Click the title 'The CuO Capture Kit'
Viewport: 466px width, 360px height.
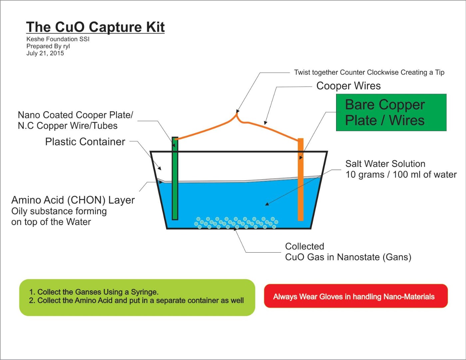tap(95, 27)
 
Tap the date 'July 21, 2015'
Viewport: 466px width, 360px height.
tap(45, 53)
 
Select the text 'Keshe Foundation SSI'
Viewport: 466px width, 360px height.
tap(58, 39)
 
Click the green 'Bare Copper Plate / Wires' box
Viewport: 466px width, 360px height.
tap(391, 112)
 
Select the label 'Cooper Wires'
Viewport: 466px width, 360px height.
tap(348, 86)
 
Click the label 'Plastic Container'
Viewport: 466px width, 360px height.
tap(85, 142)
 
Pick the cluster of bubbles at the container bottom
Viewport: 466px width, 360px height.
tap(236, 223)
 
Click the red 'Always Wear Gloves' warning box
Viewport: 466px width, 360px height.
tap(355, 296)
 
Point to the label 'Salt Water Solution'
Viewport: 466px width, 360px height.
tap(385, 164)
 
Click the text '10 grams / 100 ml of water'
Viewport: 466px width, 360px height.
tap(401, 175)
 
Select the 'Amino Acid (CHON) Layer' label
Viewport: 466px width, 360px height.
tap(73, 200)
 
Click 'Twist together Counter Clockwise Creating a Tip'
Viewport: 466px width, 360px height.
tap(369, 72)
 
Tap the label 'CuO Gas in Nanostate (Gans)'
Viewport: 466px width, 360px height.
tap(348, 257)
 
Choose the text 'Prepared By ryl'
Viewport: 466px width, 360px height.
tap(48, 46)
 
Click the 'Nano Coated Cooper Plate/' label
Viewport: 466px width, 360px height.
tap(75, 115)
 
